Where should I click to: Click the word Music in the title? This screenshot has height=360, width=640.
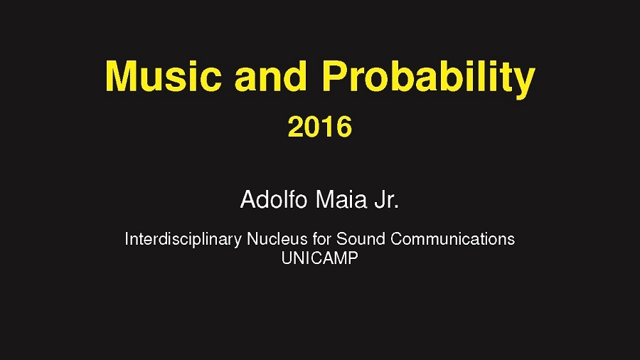coord(164,76)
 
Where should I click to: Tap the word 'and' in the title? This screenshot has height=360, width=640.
coord(271,76)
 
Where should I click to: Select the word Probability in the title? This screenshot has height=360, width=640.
coord(428,80)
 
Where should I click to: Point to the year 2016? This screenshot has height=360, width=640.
coord(319,127)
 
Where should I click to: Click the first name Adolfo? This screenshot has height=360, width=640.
coord(274,200)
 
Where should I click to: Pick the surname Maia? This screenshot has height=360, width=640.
coord(341,200)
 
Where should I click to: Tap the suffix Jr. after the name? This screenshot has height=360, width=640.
coord(387,200)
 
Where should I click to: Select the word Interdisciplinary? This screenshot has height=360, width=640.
coord(183,239)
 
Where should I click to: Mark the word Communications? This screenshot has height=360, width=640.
coord(453,239)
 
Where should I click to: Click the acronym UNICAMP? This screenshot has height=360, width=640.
coord(319,258)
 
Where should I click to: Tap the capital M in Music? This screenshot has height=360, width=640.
coord(121,76)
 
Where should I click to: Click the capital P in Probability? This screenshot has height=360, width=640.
coord(335,76)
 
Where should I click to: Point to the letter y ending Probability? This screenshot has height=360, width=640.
coord(523,84)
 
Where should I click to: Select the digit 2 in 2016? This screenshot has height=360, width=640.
coord(296,127)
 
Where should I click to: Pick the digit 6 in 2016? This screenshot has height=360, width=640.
coord(344,127)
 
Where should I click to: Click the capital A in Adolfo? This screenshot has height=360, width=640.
coord(247,200)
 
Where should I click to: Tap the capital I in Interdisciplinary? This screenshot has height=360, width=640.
coord(127,239)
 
